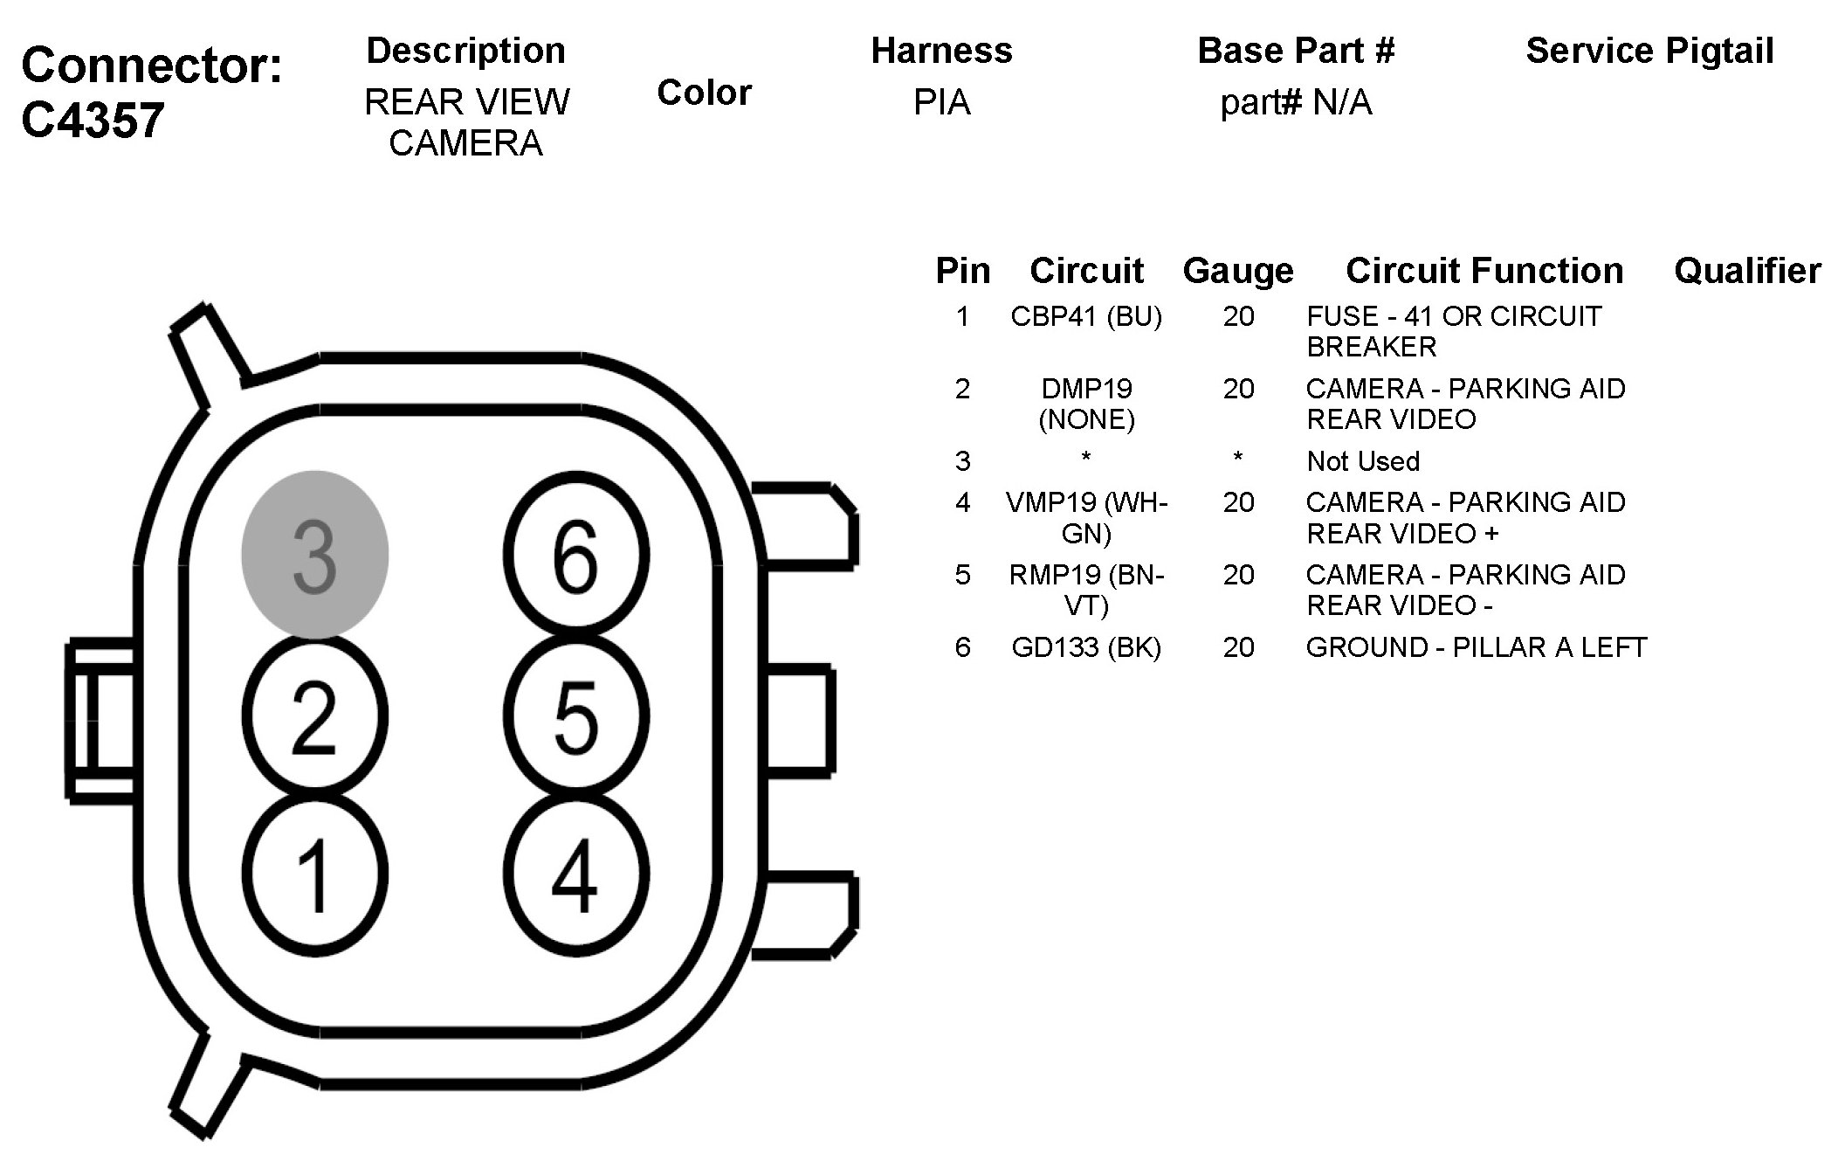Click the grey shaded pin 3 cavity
tap(314, 555)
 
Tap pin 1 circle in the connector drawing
tap(314, 874)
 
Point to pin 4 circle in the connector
tap(576, 874)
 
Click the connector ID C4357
tap(93, 120)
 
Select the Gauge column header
tap(1237, 271)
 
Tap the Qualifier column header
tap(1747, 271)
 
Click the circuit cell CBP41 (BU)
tap(1086, 316)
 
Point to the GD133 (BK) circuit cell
tap(1086, 647)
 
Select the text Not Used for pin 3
tap(1363, 461)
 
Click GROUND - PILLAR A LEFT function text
tap(1476, 647)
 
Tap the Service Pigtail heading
tap(1649, 51)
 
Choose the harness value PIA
tap(941, 103)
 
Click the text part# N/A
tap(1296, 103)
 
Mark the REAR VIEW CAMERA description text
tap(466, 122)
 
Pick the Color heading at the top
tap(704, 93)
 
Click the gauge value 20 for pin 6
tap(1238, 647)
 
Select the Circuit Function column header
tap(1484, 271)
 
